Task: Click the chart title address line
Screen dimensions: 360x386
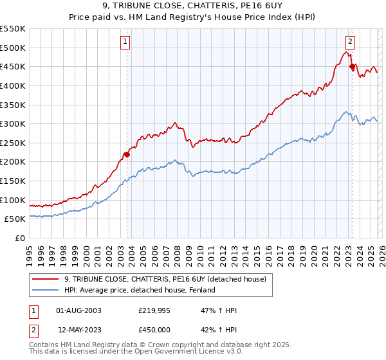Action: [193, 8]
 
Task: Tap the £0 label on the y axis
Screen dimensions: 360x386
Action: [19, 238]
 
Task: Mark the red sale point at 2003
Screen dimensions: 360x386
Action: [127, 154]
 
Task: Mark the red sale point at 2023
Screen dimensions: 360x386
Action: [352, 66]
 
